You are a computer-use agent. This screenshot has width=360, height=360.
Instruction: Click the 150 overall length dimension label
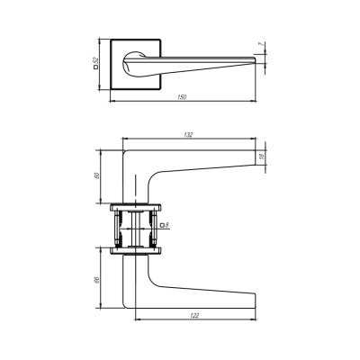point(182,97)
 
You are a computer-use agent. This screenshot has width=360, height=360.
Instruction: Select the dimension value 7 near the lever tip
point(261,44)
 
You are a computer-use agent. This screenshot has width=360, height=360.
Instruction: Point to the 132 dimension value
point(188,135)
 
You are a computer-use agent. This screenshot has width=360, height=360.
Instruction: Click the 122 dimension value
point(194,315)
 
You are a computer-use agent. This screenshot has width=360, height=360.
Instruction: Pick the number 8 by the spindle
point(167,225)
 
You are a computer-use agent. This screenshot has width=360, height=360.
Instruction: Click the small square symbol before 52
point(96,67)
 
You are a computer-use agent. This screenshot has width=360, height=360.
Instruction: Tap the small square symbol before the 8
point(162,225)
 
